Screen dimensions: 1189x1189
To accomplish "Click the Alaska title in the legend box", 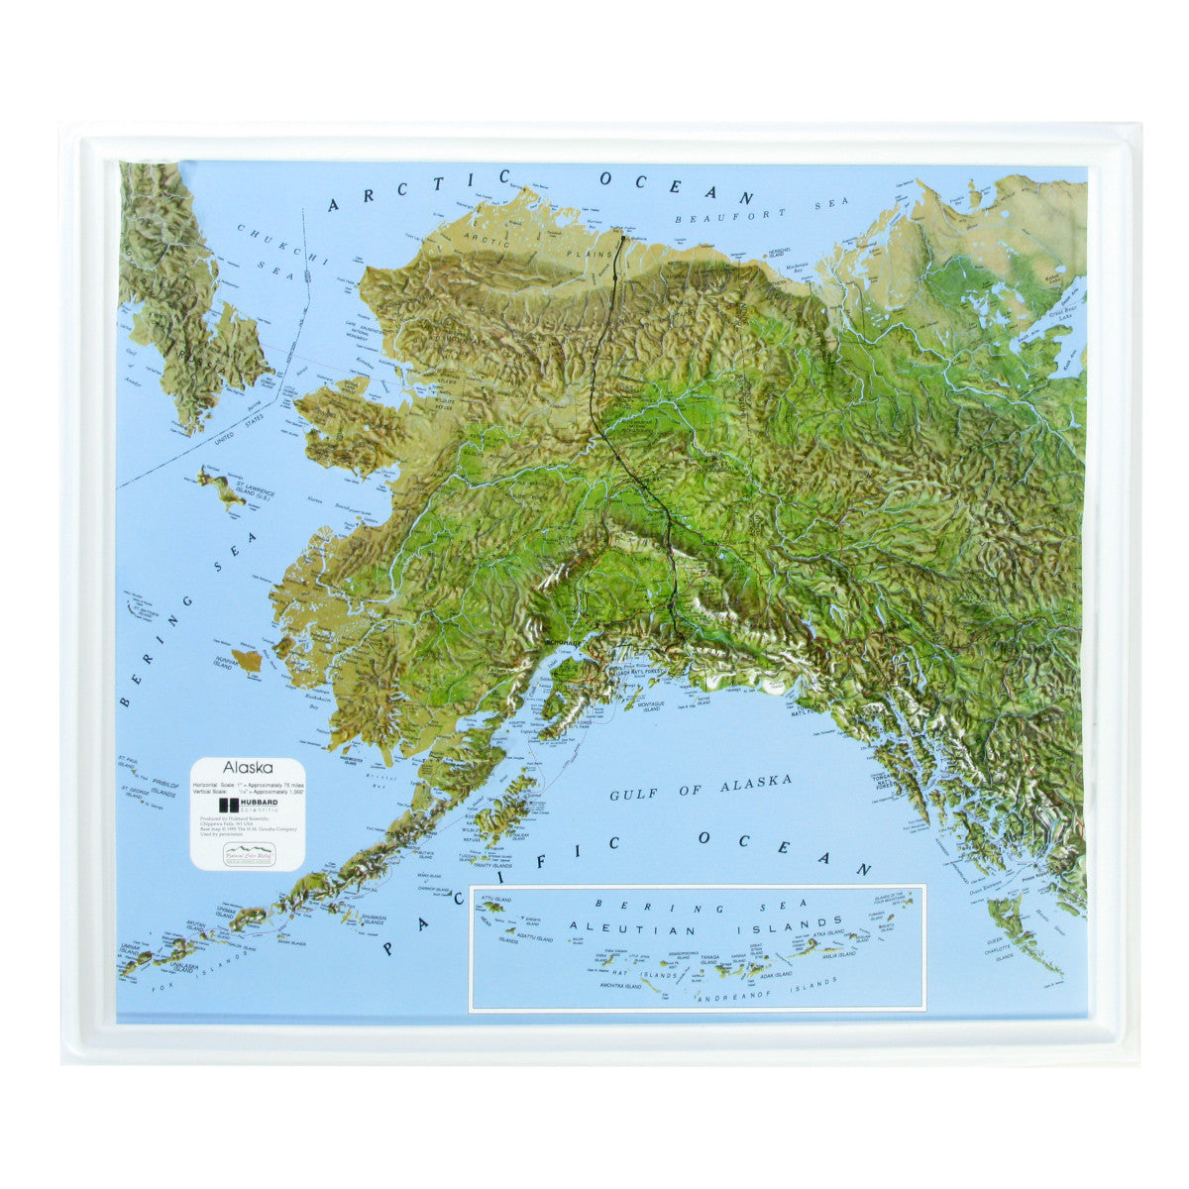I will click(241, 767).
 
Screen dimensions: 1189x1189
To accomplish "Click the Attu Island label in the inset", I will click(495, 898).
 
